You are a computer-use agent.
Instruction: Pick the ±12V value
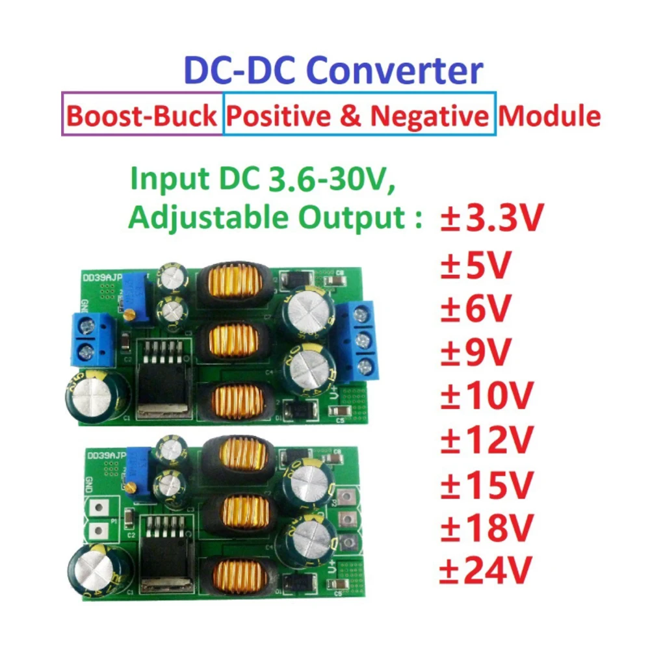(x=486, y=439)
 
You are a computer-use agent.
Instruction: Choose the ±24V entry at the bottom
(x=486, y=570)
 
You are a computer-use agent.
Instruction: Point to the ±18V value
(x=486, y=526)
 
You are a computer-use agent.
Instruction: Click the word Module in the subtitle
(x=549, y=116)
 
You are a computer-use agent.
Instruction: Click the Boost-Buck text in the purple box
(x=142, y=116)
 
